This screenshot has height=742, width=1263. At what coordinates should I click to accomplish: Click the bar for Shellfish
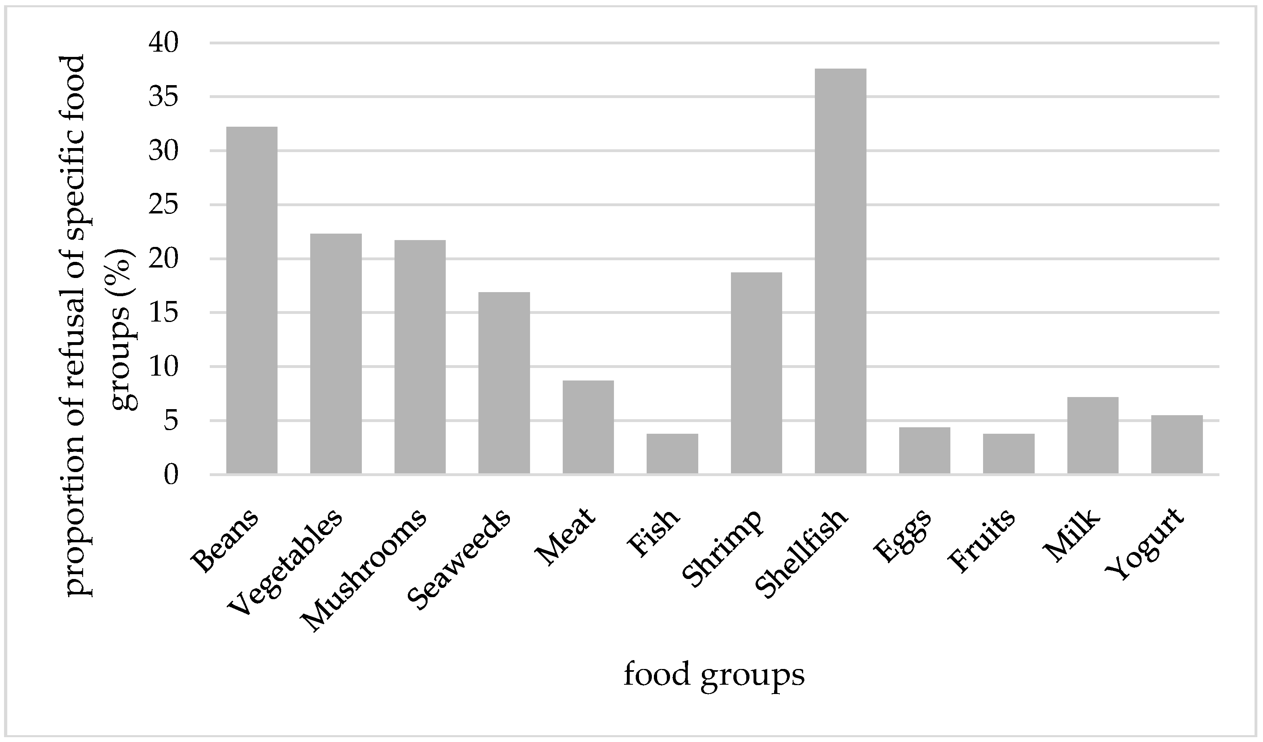click(x=841, y=271)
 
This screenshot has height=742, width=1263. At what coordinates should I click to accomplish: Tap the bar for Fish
click(x=672, y=454)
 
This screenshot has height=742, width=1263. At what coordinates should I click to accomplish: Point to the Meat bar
click(x=588, y=427)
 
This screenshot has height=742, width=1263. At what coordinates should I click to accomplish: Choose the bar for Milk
click(x=1093, y=435)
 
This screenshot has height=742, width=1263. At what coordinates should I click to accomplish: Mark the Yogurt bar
click(x=1177, y=444)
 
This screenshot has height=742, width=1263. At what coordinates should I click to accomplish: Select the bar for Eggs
click(x=925, y=450)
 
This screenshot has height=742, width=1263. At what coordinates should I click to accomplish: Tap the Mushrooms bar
click(x=420, y=357)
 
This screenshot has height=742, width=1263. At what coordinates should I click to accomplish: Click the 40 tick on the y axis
click(x=163, y=44)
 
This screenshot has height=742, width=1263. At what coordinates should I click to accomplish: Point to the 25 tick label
click(x=163, y=205)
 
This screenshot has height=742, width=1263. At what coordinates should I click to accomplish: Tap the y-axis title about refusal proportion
click(x=100, y=326)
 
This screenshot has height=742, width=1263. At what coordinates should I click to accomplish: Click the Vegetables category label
click(x=286, y=562)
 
